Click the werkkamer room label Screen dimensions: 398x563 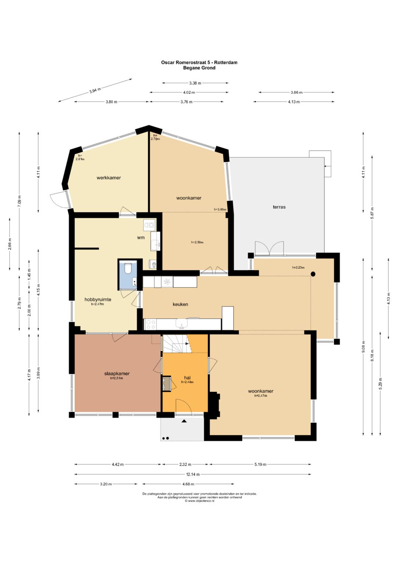[109, 178]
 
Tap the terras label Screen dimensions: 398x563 [279, 207]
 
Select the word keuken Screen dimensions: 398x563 [180, 305]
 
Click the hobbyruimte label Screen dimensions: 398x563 [98, 300]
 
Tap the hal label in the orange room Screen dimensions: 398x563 [187, 378]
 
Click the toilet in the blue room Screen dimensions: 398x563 [128, 268]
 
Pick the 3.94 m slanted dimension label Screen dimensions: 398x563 [95, 90]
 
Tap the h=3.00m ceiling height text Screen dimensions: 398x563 [220, 209]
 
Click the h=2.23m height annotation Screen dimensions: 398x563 [298, 267]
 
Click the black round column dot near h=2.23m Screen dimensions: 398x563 [313, 274]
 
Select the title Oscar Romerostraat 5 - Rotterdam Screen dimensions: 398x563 [199, 62]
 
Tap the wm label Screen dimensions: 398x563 [141, 237]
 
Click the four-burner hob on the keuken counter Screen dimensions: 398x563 [150, 324]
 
